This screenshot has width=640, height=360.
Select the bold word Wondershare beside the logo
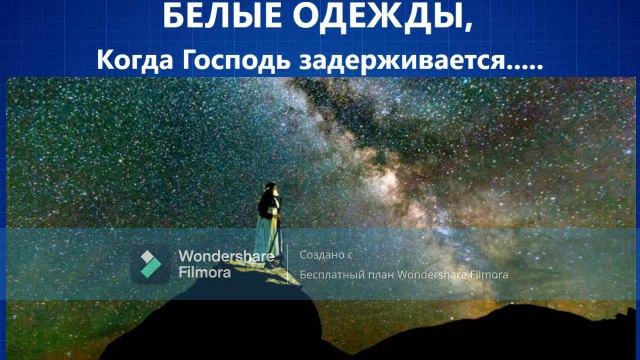pyautogui.click(x=226, y=255)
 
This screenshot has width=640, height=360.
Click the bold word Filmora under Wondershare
pyautogui.click(x=205, y=271)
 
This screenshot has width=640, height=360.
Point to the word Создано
pyautogui.click(x=321, y=255)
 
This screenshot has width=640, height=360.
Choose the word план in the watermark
pyautogui.click(x=382, y=275)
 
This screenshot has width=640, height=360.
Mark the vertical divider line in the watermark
pyautogui.click(x=288, y=264)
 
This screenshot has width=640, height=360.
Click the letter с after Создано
pyautogui.click(x=352, y=255)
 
